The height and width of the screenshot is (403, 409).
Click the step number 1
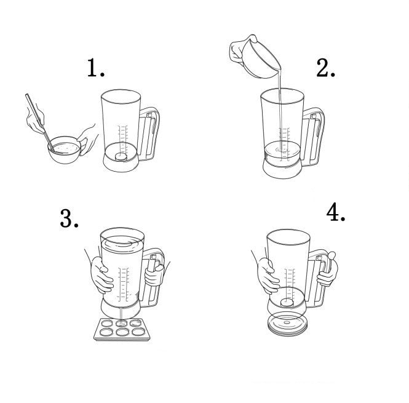tap(95, 68)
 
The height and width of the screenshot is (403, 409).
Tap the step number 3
tap(69, 218)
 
